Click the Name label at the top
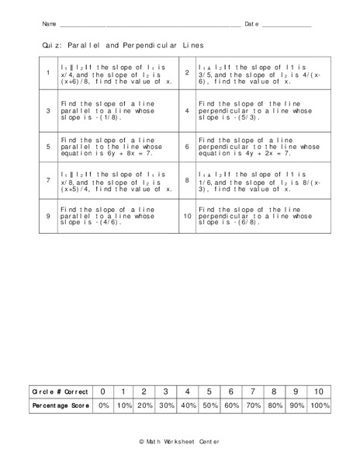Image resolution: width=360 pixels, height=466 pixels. [x=49, y=25]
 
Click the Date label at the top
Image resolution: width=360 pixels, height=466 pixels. [x=251, y=25]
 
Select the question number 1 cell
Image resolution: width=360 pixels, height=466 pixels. [x=48, y=73]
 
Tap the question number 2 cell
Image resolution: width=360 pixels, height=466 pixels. [x=187, y=73]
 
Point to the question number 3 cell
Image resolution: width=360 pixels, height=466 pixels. [x=48, y=110]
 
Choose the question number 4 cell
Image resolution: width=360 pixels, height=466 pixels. [x=187, y=110]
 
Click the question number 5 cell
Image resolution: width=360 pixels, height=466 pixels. [x=48, y=146]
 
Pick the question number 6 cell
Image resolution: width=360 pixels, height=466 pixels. [x=187, y=146]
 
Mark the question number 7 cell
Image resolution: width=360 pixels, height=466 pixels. [x=48, y=181]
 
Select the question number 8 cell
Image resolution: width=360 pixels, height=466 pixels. [x=187, y=181]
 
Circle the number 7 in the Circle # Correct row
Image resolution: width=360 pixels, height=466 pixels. [x=253, y=391]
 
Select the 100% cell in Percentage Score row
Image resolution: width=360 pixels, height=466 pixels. [x=319, y=406]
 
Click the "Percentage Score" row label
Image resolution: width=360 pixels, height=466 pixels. [x=58, y=406]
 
